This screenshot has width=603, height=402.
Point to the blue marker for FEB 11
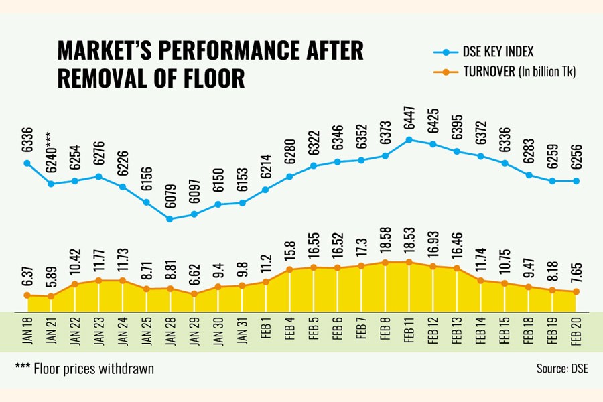tap(409, 139)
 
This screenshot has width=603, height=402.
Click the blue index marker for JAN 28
tap(170, 218)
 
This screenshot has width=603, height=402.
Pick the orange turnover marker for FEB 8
tap(385, 262)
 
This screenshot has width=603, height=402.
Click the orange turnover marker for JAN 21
tap(51, 296)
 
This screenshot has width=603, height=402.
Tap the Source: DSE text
tap(561, 368)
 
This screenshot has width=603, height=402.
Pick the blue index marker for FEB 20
tap(576, 181)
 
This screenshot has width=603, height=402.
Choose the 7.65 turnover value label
tap(576, 276)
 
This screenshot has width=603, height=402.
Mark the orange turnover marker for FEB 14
tap(480, 281)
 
